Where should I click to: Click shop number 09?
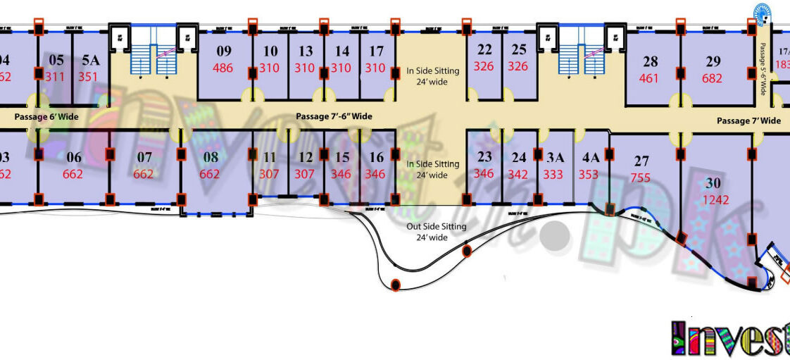[224, 51]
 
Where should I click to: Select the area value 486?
[223, 68]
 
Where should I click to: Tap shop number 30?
[713, 183]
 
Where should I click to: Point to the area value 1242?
[716, 200]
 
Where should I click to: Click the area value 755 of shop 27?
[641, 178]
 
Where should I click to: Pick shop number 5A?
[92, 61]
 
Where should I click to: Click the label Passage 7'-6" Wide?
[334, 116]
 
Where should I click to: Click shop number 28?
[650, 62]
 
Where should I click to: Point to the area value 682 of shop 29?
[713, 79]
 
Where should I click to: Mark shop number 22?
[484, 50]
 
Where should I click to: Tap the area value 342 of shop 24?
[519, 174]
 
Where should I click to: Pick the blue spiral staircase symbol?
[762, 13]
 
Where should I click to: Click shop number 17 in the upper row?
[377, 51]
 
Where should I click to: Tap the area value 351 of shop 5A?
[89, 77]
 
